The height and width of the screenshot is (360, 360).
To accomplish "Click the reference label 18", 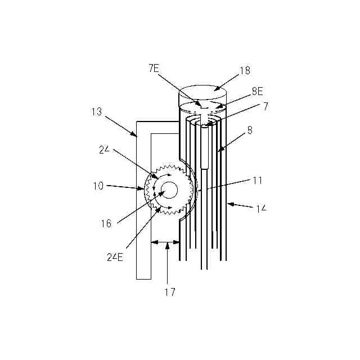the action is [245, 71].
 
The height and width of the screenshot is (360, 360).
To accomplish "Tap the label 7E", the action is [154, 68].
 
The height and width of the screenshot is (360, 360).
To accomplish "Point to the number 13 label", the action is [96, 111].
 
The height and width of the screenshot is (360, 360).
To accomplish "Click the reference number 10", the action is [98, 186].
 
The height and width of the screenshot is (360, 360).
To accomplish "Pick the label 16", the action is [106, 223].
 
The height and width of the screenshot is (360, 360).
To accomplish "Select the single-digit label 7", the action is [265, 106].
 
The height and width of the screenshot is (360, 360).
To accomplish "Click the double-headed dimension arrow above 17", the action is [165, 243].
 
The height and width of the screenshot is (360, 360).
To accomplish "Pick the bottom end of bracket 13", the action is [144, 278].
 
